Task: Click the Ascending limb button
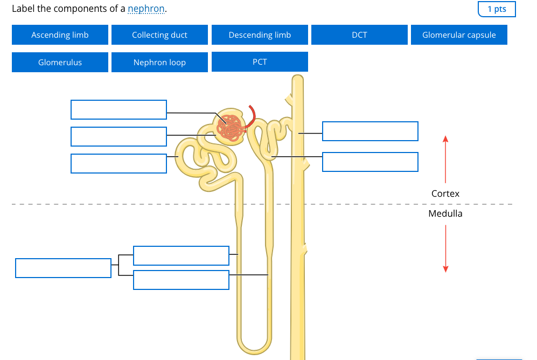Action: [60, 35]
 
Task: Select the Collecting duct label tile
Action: [159, 35]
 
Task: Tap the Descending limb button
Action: [260, 35]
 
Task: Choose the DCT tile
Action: [359, 35]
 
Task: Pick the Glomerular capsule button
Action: [459, 35]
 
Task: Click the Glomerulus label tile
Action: [60, 63]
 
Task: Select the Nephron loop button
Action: [159, 63]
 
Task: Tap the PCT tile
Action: [260, 62]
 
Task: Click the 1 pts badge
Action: [496, 9]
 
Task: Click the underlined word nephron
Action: [146, 9]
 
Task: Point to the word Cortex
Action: [445, 193]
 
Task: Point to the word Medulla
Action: [445, 213]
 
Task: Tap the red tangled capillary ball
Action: [231, 128]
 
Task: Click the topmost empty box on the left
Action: [118, 109]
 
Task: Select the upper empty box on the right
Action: [370, 131]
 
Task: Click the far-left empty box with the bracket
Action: [63, 268]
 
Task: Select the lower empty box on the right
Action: [370, 162]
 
